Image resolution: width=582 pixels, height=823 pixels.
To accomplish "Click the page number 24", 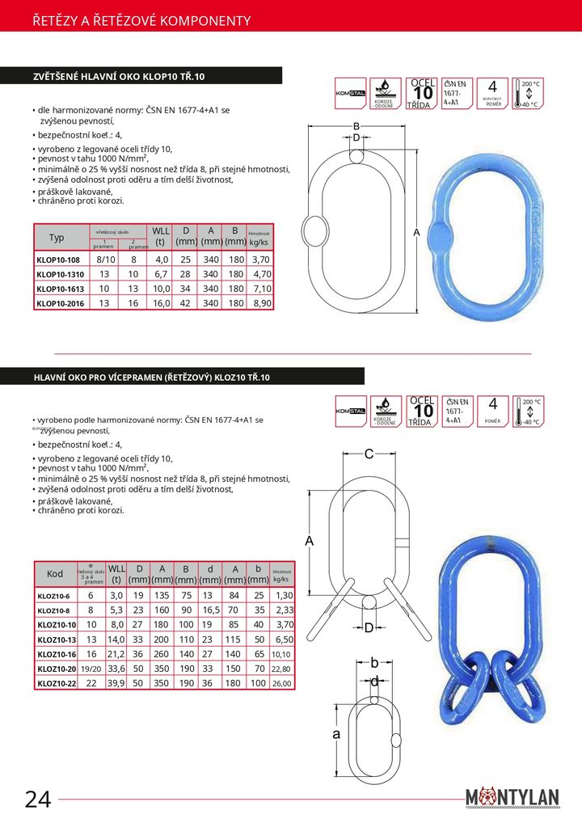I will pyautogui.click(x=38, y=799).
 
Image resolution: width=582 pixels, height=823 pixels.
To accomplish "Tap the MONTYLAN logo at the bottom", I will pyautogui.click(x=512, y=797).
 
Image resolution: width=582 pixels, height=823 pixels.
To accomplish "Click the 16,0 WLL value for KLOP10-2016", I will pyautogui.click(x=160, y=303).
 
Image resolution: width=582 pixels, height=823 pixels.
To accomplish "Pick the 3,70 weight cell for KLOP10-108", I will pyautogui.click(x=260, y=260).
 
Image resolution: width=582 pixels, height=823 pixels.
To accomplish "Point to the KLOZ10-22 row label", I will pyautogui.click(x=57, y=683).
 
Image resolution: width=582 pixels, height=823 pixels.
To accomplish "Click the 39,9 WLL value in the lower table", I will pyautogui.click(x=116, y=683).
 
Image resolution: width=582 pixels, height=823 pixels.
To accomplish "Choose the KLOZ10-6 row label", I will pyautogui.click(x=54, y=595).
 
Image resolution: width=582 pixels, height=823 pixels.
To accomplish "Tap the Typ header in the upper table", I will pyautogui.click(x=57, y=238).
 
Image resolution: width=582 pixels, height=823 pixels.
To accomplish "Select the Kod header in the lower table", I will pyautogui.click(x=55, y=573).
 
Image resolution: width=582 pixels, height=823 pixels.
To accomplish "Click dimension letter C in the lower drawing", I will pyautogui.click(x=369, y=454).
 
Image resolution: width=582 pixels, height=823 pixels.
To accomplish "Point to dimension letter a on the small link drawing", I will pyautogui.click(x=335, y=733).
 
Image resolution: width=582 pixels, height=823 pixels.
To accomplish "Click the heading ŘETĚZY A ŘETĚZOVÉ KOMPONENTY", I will pyautogui.click(x=141, y=21).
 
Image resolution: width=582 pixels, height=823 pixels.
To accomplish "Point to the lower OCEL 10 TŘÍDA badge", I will pyautogui.click(x=421, y=411).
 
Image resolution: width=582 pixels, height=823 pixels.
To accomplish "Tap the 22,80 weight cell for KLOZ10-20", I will pyautogui.click(x=281, y=669).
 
